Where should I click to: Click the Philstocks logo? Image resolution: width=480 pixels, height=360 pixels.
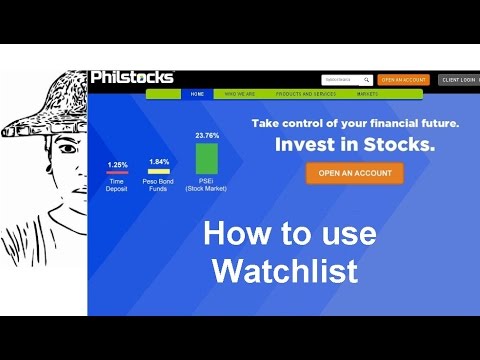[131, 77]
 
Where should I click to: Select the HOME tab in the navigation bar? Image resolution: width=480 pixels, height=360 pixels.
[197, 95]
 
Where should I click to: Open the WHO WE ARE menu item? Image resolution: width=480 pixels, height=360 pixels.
[239, 95]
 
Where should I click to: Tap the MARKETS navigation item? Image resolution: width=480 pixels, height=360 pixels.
[367, 95]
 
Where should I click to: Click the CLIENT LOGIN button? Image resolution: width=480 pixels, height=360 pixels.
[459, 79]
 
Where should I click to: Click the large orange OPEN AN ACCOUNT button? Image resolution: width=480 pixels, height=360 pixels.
[354, 173]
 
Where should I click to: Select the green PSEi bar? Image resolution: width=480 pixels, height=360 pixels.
[206, 159]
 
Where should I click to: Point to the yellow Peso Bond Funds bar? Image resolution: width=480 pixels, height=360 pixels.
[158, 171]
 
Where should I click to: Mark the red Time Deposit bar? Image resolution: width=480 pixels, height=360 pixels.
[116, 173]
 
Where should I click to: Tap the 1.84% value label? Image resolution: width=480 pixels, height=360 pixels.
[158, 162]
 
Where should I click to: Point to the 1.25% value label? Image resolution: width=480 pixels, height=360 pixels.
[116, 164]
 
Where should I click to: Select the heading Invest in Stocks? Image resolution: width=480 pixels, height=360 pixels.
[355, 144]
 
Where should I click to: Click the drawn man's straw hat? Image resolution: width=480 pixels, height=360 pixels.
[45, 100]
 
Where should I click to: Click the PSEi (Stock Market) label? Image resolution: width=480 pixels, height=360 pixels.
[206, 185]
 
